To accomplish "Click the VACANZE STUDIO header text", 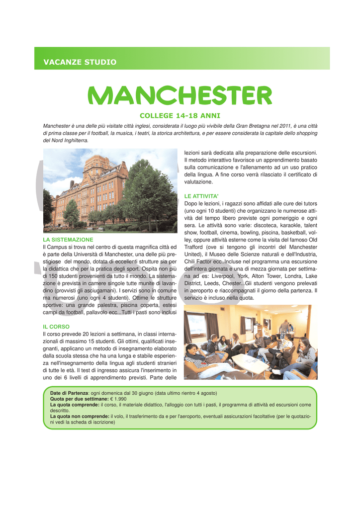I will [x=80, y=62].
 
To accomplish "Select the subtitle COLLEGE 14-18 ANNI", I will [x=180, y=115].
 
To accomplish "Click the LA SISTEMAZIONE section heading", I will [x=68, y=240].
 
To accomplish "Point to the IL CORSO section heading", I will [x=56, y=327].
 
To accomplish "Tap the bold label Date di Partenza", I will [x=69, y=393].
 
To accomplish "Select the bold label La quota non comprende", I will [x=80, y=417].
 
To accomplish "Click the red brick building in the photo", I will [x=90, y=189].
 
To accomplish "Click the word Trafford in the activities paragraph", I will [x=196, y=247].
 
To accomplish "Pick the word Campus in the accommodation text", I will [x=63, y=247].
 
